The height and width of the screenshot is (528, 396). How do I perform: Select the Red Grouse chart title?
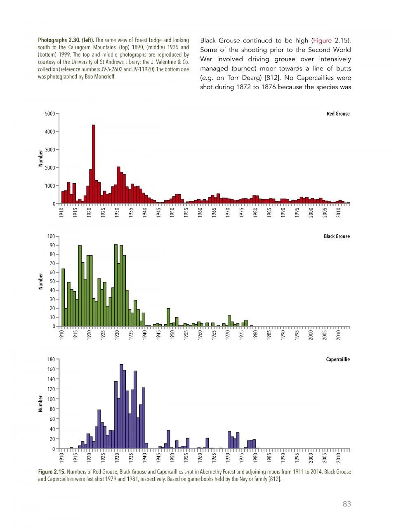click(x=338, y=114)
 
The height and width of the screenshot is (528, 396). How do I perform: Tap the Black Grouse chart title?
click(x=337, y=236)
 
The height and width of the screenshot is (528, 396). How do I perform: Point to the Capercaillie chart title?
click(x=338, y=359)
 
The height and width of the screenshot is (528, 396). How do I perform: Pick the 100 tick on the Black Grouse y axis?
click(x=51, y=236)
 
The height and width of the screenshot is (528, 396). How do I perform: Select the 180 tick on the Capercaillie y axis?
click(x=51, y=359)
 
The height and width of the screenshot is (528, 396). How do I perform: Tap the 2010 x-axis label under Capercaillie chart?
click(x=339, y=459)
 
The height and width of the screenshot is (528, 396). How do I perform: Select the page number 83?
click(x=346, y=504)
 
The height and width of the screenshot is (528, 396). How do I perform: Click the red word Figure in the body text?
click(x=322, y=40)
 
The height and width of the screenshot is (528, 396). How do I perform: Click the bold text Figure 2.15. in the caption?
click(x=52, y=471)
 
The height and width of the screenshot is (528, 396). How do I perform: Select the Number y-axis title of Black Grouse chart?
click(x=41, y=281)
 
